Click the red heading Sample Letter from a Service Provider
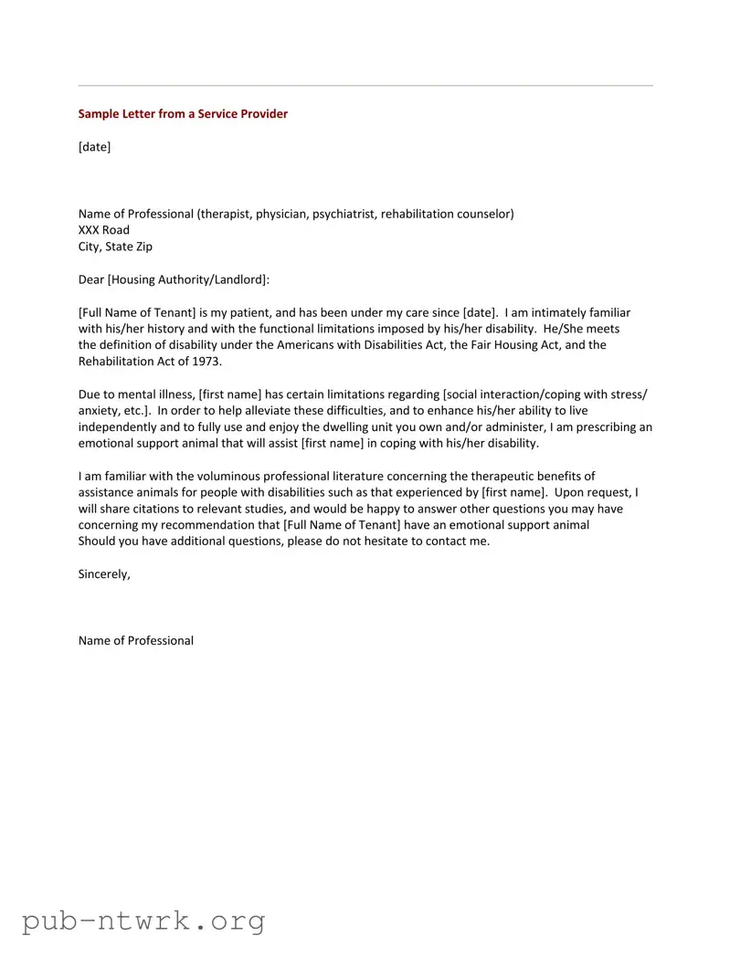[183, 114]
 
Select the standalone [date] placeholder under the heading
[94, 147]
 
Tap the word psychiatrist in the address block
[344, 214]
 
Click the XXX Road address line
[104, 230]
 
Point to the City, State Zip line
[115, 247]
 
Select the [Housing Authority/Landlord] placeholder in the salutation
[187, 279]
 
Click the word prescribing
[600, 427]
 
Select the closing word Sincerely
[104, 574]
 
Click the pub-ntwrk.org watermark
[143, 920]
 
